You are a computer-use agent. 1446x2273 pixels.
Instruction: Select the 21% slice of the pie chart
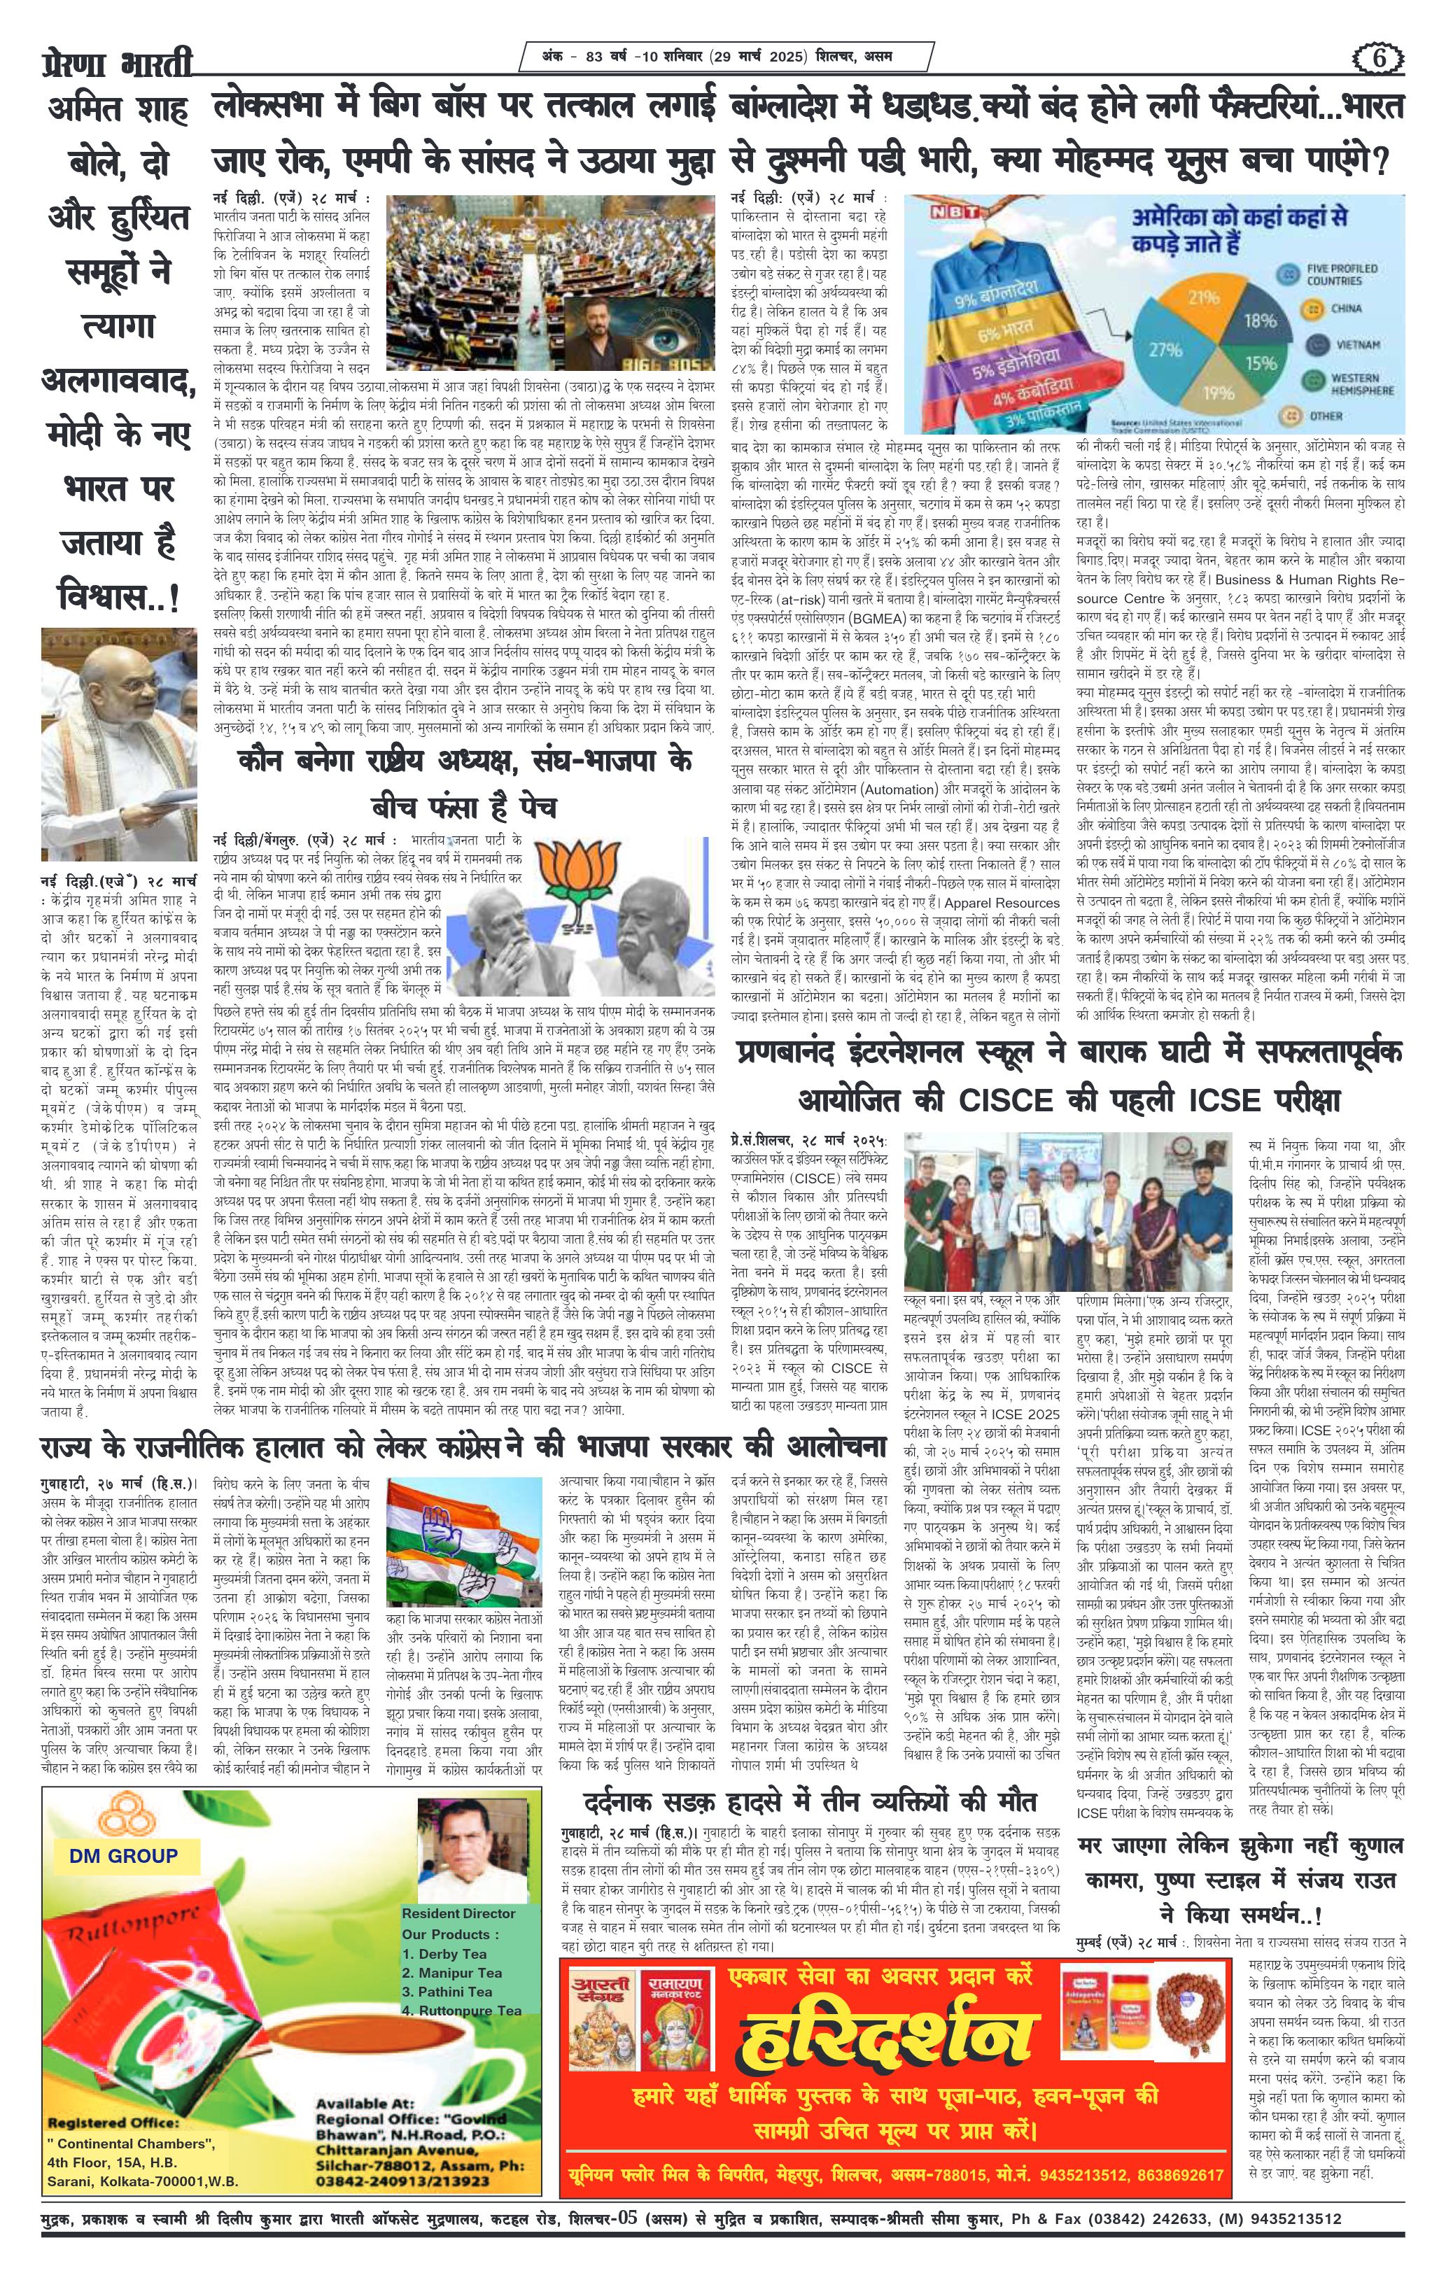pyautogui.click(x=1202, y=298)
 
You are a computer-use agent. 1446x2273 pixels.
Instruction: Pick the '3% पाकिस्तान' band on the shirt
pyautogui.click(x=1027, y=418)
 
